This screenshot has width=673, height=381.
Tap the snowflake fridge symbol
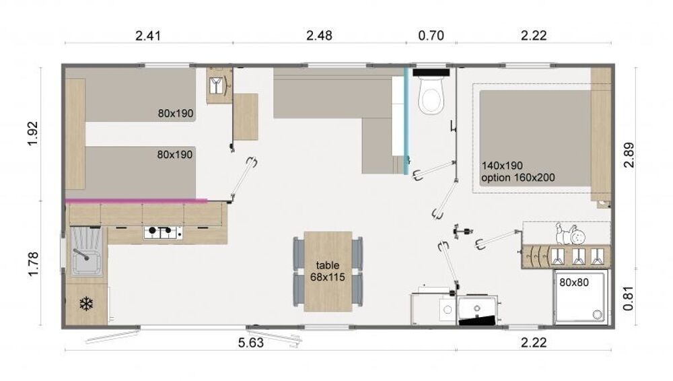(x=86, y=304)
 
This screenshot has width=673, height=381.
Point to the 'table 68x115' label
(x=328, y=271)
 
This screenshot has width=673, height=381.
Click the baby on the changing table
(x=571, y=234)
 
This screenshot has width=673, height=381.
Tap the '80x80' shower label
(x=574, y=282)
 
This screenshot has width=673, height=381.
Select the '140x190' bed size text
(x=502, y=166)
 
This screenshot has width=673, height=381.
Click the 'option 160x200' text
(x=518, y=178)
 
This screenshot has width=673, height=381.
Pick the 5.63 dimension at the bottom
(x=250, y=343)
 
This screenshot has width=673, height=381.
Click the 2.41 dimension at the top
(x=148, y=35)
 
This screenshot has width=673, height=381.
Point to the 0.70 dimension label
(x=431, y=35)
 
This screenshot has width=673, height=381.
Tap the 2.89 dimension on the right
(x=629, y=155)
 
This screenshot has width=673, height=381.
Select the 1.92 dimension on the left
(x=32, y=133)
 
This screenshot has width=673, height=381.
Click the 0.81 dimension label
(x=628, y=298)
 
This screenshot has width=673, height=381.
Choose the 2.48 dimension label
(x=319, y=35)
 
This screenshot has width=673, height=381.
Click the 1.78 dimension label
(x=32, y=264)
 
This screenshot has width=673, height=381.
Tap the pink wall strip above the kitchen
(x=136, y=200)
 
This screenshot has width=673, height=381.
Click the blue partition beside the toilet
(x=406, y=120)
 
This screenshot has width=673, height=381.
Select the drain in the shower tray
(x=596, y=314)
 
